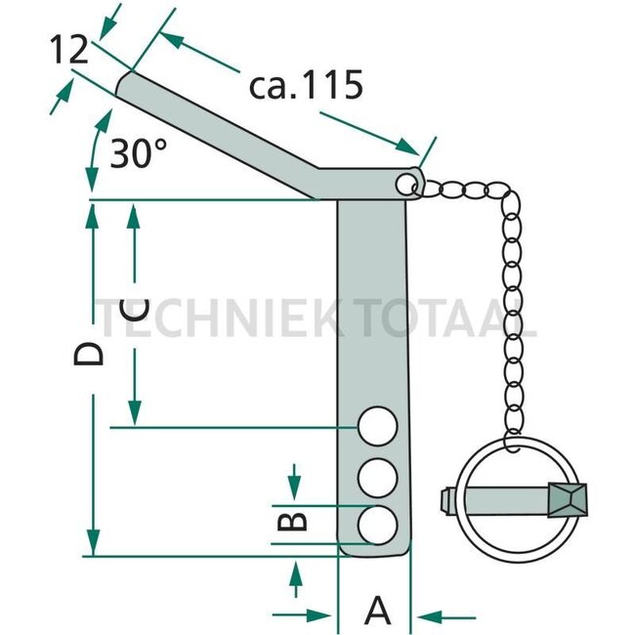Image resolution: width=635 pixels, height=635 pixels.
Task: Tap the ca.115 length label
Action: [x=307, y=84]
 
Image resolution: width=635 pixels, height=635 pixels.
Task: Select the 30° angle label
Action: [x=137, y=153]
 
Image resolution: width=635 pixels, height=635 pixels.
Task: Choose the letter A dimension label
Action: [x=377, y=613]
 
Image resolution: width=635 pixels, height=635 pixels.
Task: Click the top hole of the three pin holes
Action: [x=376, y=428]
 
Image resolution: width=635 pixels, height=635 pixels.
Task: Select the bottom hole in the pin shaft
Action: [x=376, y=525]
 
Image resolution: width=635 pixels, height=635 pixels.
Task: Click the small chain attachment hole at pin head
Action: [x=407, y=183]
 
